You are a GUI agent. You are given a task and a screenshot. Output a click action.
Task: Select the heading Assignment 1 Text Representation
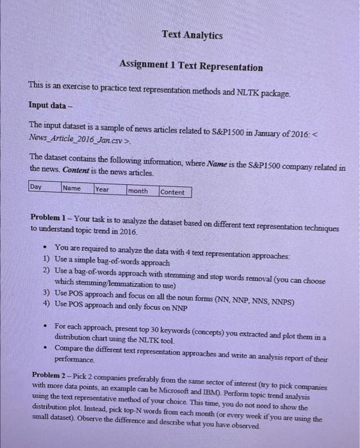(191, 67)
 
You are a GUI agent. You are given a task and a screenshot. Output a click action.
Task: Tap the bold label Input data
(48, 104)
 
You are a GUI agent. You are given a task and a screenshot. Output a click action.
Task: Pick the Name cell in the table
(72, 188)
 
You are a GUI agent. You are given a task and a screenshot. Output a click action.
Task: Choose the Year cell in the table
(102, 189)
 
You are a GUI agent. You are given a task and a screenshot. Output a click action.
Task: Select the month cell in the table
(138, 191)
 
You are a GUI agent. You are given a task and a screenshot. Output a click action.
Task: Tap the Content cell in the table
(172, 192)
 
